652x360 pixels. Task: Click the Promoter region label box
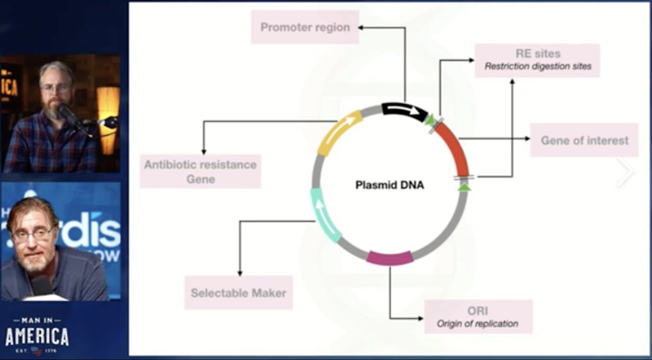(x=305, y=27)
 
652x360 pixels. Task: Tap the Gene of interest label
(x=584, y=140)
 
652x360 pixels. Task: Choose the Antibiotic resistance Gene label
(x=200, y=172)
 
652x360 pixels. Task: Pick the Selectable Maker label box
(x=238, y=293)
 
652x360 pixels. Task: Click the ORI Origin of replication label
(x=478, y=317)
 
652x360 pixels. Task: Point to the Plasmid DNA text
(x=390, y=185)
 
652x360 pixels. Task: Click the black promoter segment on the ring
(x=405, y=110)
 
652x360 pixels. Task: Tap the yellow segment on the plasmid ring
(x=338, y=133)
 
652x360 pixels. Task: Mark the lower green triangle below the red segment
(x=464, y=187)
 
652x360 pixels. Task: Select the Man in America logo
(x=37, y=335)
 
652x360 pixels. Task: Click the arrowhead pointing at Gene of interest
(x=527, y=139)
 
